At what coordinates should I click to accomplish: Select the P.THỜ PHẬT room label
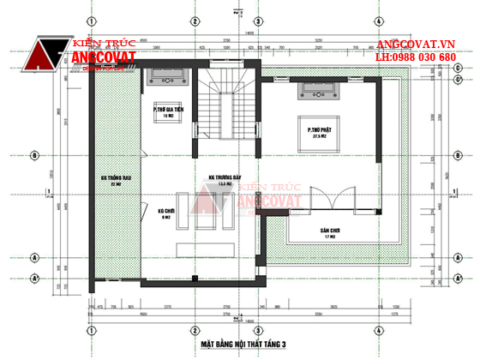[x=321, y=129]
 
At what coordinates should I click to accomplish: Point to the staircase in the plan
[x=228, y=99]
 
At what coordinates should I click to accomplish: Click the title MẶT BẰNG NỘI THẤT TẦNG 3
[x=243, y=344]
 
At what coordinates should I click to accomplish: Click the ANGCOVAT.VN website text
[x=416, y=44]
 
